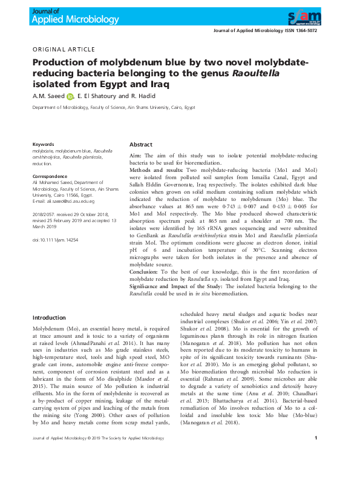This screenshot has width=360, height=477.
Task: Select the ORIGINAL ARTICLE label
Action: pos(64,49)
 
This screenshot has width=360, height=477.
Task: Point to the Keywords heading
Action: pos(43,145)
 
